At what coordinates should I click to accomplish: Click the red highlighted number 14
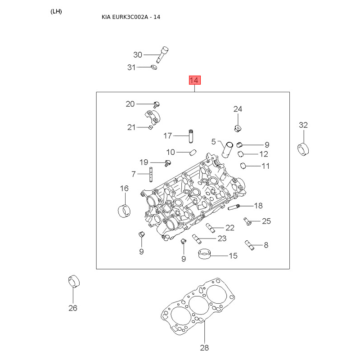[195, 80]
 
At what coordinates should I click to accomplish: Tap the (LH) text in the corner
[56, 12]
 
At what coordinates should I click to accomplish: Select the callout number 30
[138, 54]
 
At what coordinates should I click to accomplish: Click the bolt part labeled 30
[162, 54]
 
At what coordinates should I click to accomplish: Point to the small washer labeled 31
[154, 67]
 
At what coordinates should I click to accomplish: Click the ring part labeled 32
[303, 149]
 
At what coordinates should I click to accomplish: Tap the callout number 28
[204, 348]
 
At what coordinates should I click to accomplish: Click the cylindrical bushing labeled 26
[74, 281]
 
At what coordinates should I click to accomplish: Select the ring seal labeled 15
[204, 253]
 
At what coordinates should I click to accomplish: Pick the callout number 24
[238, 109]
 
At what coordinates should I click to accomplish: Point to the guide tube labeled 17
[191, 136]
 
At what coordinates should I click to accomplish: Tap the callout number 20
[130, 104]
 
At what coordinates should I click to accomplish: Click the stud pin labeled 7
[151, 175]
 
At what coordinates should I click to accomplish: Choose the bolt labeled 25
[247, 221]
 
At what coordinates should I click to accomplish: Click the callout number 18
[258, 206]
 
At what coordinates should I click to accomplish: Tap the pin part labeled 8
[249, 245]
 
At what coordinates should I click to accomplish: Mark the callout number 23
[222, 238]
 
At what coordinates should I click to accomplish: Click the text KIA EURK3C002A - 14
[131, 17]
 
